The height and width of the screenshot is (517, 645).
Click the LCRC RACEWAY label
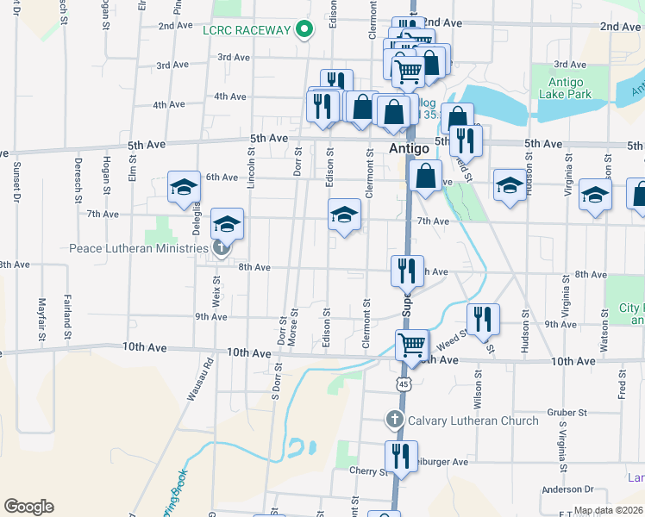coord(246,30)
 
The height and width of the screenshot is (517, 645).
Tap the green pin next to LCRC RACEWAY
coord(304,30)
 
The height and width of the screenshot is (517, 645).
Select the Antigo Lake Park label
coord(565,88)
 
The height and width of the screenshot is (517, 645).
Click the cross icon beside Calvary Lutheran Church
coord(394,420)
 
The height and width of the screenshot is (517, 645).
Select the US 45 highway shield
coord(404,383)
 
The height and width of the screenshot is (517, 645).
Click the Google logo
coord(28,507)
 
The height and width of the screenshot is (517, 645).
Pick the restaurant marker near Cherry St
coord(400,456)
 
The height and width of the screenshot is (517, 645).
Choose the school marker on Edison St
coord(344,215)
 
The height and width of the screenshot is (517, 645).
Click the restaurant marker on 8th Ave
coord(406,271)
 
